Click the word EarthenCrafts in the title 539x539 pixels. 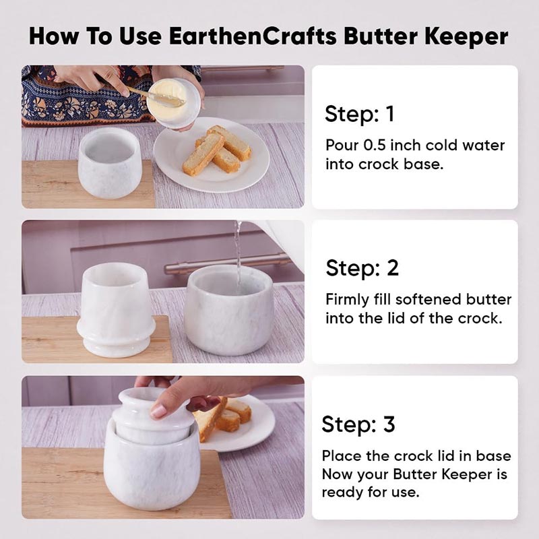252,36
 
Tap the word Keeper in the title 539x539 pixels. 466,37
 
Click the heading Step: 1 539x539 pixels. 359,114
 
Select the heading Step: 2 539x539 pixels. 362,267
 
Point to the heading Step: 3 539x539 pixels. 358,424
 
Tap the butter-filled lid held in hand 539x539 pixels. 174,102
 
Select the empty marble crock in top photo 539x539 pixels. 110,162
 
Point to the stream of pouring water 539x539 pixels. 238,255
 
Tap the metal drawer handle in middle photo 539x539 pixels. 227,263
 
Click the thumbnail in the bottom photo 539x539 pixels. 158,411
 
